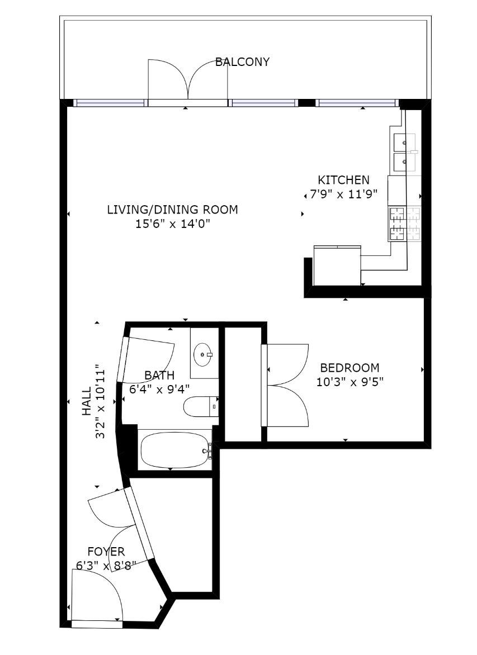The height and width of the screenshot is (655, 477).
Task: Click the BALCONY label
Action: (x=242, y=62)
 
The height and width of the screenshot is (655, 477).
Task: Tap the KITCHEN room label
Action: (x=344, y=180)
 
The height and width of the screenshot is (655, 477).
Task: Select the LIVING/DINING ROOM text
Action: (x=173, y=210)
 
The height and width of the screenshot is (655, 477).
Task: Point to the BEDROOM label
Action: (x=350, y=368)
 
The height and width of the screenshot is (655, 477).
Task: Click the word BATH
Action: (x=159, y=376)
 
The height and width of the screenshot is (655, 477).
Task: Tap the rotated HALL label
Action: (x=87, y=401)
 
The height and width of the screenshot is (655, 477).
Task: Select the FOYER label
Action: (x=106, y=552)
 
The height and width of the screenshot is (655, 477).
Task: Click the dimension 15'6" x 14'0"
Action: (x=172, y=224)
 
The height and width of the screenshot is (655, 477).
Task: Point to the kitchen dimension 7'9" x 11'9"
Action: (x=343, y=194)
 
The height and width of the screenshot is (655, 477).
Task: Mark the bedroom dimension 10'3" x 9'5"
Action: (x=350, y=382)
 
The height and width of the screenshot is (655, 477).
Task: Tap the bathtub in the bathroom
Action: (x=174, y=450)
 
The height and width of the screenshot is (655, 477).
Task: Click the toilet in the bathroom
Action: (x=201, y=406)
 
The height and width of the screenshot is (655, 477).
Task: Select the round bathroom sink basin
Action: (x=203, y=355)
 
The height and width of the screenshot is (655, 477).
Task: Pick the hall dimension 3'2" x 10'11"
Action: (x=100, y=401)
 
